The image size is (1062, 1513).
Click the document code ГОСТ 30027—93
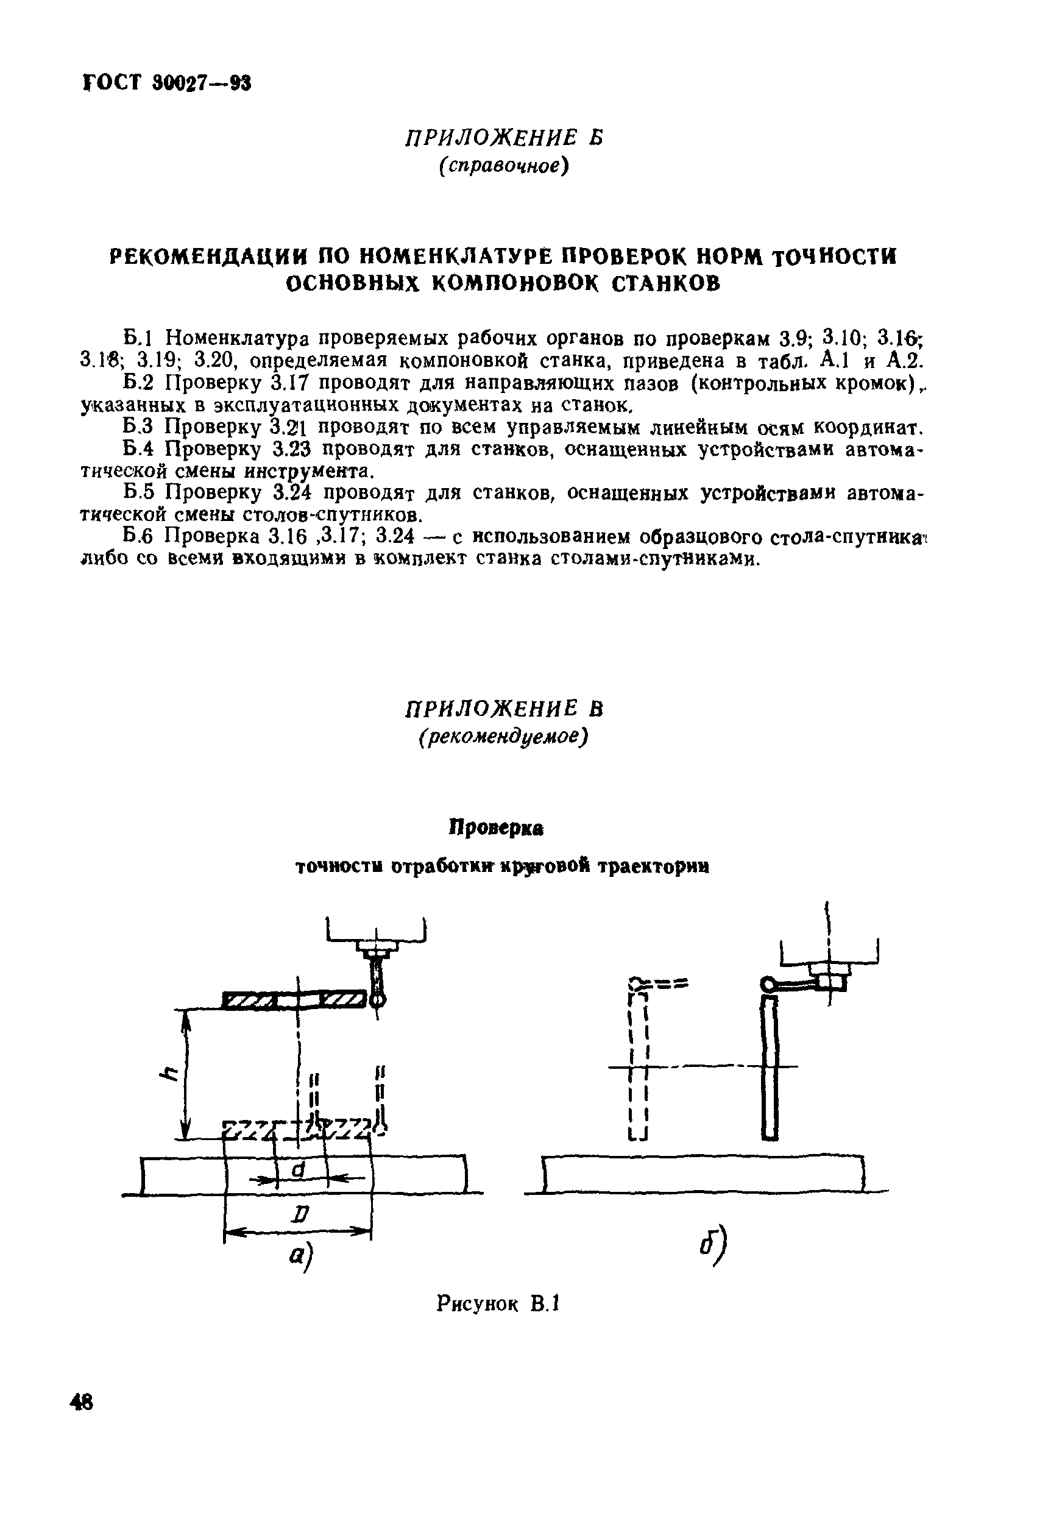click(x=168, y=83)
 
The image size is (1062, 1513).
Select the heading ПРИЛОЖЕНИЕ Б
click(x=504, y=138)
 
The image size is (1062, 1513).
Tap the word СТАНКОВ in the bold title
click(x=667, y=283)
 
